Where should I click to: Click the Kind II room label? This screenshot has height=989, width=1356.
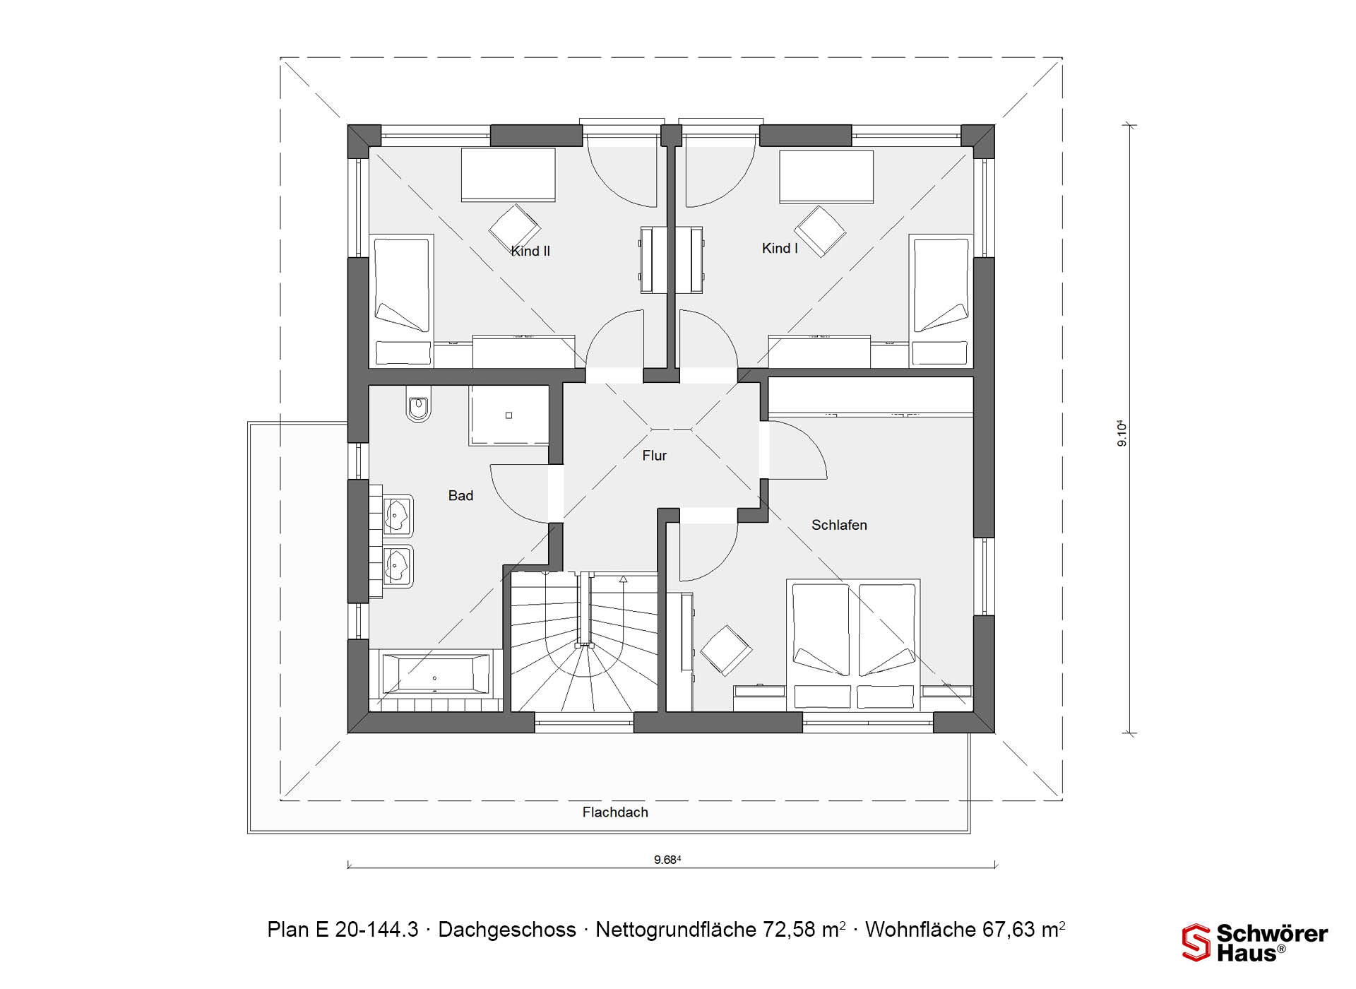tap(530, 251)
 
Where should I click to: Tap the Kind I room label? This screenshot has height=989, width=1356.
tap(780, 248)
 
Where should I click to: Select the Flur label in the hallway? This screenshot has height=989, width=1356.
tap(655, 456)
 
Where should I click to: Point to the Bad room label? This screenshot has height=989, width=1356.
tap(460, 496)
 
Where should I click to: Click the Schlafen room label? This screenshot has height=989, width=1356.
tap(839, 525)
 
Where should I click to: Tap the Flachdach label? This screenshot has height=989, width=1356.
tap(615, 812)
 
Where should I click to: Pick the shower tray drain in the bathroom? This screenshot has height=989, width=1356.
tap(509, 415)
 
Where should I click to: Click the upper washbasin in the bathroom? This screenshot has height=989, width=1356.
tap(398, 514)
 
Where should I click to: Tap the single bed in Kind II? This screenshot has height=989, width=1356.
tap(402, 300)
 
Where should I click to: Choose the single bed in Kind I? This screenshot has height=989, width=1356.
tap(941, 300)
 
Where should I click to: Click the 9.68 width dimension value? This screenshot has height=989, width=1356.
tap(667, 860)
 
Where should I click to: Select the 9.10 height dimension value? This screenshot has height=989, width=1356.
tap(1122, 433)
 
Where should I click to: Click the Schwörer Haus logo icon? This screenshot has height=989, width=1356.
tap(1196, 942)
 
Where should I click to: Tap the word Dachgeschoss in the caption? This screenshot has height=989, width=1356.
tap(507, 930)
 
